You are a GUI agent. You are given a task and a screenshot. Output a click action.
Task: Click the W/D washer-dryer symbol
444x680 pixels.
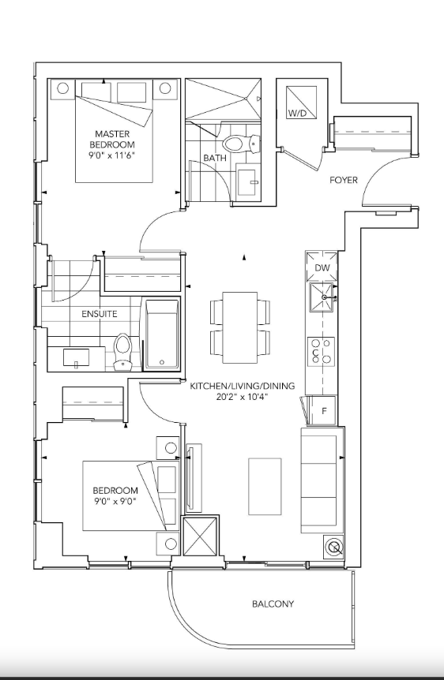[x=301, y=102]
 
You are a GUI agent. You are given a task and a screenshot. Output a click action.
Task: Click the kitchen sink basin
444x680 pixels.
[x=322, y=297]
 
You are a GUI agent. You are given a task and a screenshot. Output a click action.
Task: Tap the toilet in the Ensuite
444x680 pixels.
[x=123, y=352]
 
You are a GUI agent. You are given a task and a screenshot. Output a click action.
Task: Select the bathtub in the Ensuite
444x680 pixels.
[x=162, y=334]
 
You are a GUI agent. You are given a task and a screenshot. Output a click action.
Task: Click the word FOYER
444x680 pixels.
[x=343, y=180]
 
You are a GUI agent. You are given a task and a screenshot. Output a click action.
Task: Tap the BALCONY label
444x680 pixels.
[x=273, y=603]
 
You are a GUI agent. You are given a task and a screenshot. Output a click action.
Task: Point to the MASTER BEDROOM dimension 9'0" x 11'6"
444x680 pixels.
[x=112, y=155]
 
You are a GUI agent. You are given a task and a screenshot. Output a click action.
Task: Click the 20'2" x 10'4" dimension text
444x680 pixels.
[x=242, y=396]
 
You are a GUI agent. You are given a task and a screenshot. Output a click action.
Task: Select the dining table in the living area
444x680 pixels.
[x=240, y=327]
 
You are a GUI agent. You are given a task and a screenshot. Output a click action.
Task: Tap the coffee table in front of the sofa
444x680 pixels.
[x=265, y=486]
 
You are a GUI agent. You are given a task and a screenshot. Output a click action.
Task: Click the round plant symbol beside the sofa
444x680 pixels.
[x=334, y=547]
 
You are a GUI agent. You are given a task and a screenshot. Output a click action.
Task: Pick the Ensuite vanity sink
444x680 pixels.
[x=77, y=358]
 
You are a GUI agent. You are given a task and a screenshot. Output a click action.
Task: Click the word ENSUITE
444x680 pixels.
[x=100, y=313]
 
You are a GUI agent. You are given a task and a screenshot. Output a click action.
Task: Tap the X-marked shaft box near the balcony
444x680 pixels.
[x=201, y=536]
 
